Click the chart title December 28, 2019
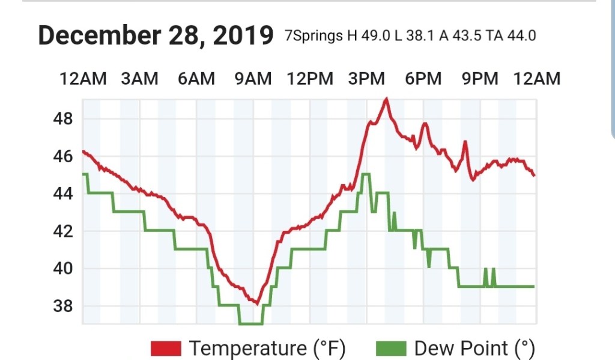pyautogui.click(x=156, y=35)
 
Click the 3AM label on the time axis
pyautogui.click(x=139, y=79)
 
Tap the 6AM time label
pyautogui.click(x=196, y=79)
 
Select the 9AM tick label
pyautogui.click(x=252, y=79)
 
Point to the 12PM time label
pyautogui.click(x=309, y=79)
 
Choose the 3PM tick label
pyautogui.click(x=366, y=79)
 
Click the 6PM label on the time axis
pyautogui.click(x=423, y=79)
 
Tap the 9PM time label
pyautogui.click(x=479, y=79)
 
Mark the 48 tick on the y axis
pyautogui.click(x=63, y=119)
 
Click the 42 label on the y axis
pyautogui.click(x=63, y=231)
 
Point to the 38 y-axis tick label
pyautogui.click(x=63, y=307)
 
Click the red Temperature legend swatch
pyautogui.click(x=166, y=348)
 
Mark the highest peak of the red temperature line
pyautogui.click(x=386, y=99)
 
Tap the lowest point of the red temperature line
pyautogui.click(x=257, y=303)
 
